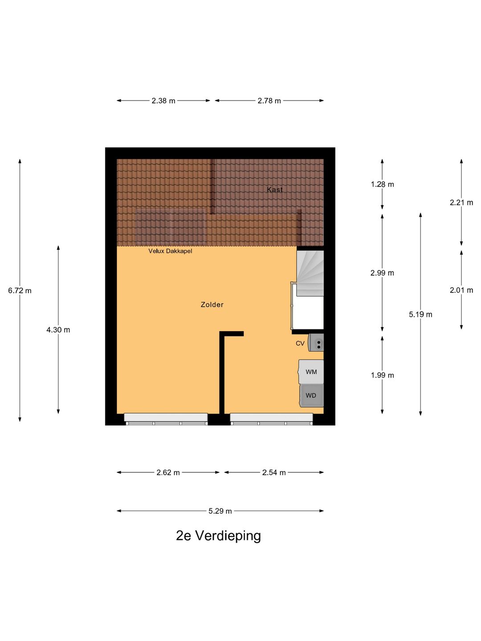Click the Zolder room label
(x=212, y=304)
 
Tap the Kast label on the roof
(x=274, y=190)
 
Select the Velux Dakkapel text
(x=170, y=251)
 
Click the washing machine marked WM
(x=311, y=372)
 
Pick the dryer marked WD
(x=311, y=395)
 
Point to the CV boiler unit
(x=317, y=343)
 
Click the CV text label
(x=300, y=343)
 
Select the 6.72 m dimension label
(x=20, y=291)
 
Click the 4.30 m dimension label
(x=58, y=330)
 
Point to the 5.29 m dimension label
(x=220, y=511)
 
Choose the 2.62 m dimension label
(x=168, y=472)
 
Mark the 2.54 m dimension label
(x=274, y=472)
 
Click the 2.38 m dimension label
(x=163, y=101)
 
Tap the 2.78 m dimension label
(x=269, y=101)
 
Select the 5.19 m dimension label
(x=420, y=314)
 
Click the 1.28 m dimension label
(x=382, y=184)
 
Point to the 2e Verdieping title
(x=218, y=536)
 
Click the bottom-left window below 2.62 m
(x=166, y=418)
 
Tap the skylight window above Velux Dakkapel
(x=171, y=226)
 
